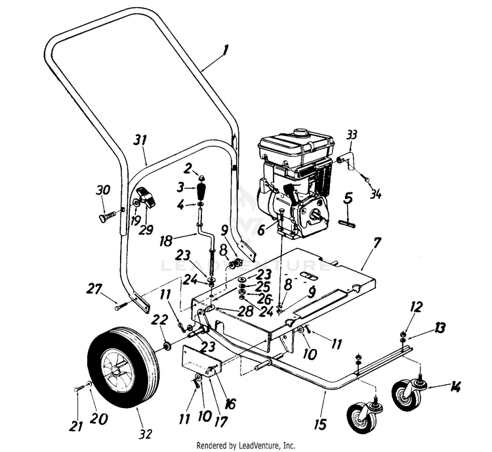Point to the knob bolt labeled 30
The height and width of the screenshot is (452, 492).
point(105,215)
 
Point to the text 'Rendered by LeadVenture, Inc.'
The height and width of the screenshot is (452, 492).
point(245,445)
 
